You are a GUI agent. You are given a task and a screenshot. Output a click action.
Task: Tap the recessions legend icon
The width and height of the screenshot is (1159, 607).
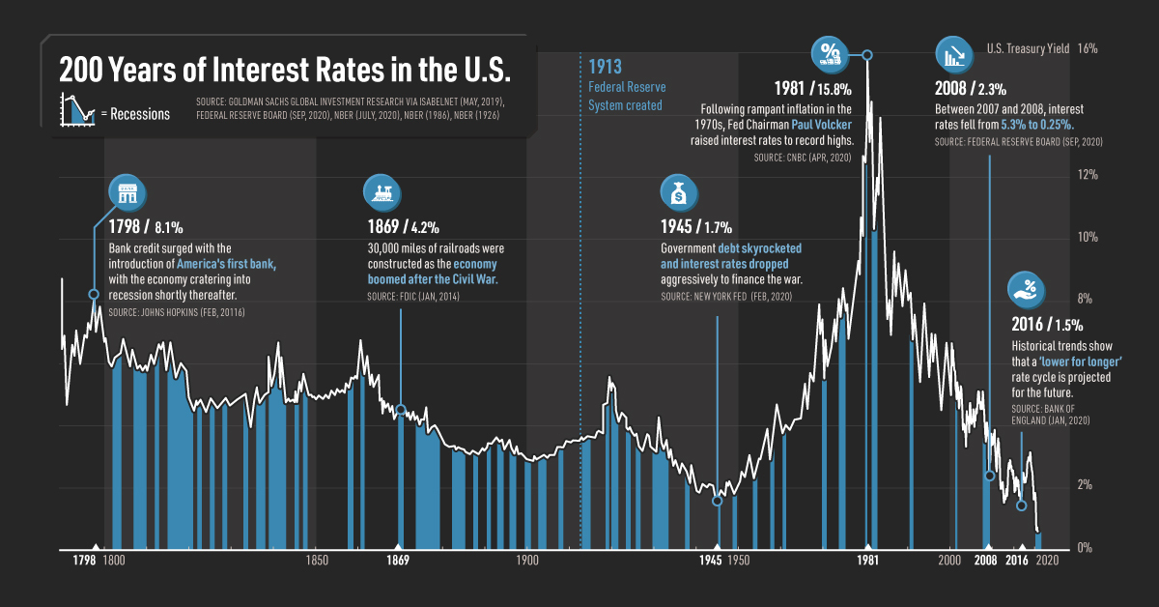pyautogui.click(x=76, y=109)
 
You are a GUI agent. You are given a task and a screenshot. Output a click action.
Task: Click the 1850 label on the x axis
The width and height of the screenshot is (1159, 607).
pyautogui.click(x=316, y=561)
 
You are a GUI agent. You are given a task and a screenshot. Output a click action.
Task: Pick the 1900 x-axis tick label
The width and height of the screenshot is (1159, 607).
pyautogui.click(x=527, y=561)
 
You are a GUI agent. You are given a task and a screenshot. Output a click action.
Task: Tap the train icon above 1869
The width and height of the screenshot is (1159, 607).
pyautogui.click(x=382, y=192)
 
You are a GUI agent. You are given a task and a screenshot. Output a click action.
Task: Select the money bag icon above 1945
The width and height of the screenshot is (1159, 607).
pyautogui.click(x=679, y=192)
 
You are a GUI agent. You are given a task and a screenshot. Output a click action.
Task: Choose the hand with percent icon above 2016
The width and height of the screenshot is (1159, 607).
pyautogui.click(x=1028, y=288)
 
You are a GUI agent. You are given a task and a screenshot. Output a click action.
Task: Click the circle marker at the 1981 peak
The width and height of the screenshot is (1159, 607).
pyautogui.click(x=867, y=55)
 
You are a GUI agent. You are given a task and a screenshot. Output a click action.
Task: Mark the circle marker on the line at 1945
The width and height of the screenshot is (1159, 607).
pyautogui.click(x=717, y=501)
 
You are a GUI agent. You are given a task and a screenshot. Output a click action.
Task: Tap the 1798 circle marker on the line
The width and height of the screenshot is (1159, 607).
pyautogui.click(x=94, y=295)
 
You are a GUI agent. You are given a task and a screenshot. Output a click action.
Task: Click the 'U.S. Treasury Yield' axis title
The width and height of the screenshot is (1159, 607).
pyautogui.click(x=1028, y=48)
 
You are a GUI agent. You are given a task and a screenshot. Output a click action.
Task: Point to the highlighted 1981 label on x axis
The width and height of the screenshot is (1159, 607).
pyautogui.click(x=867, y=561)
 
